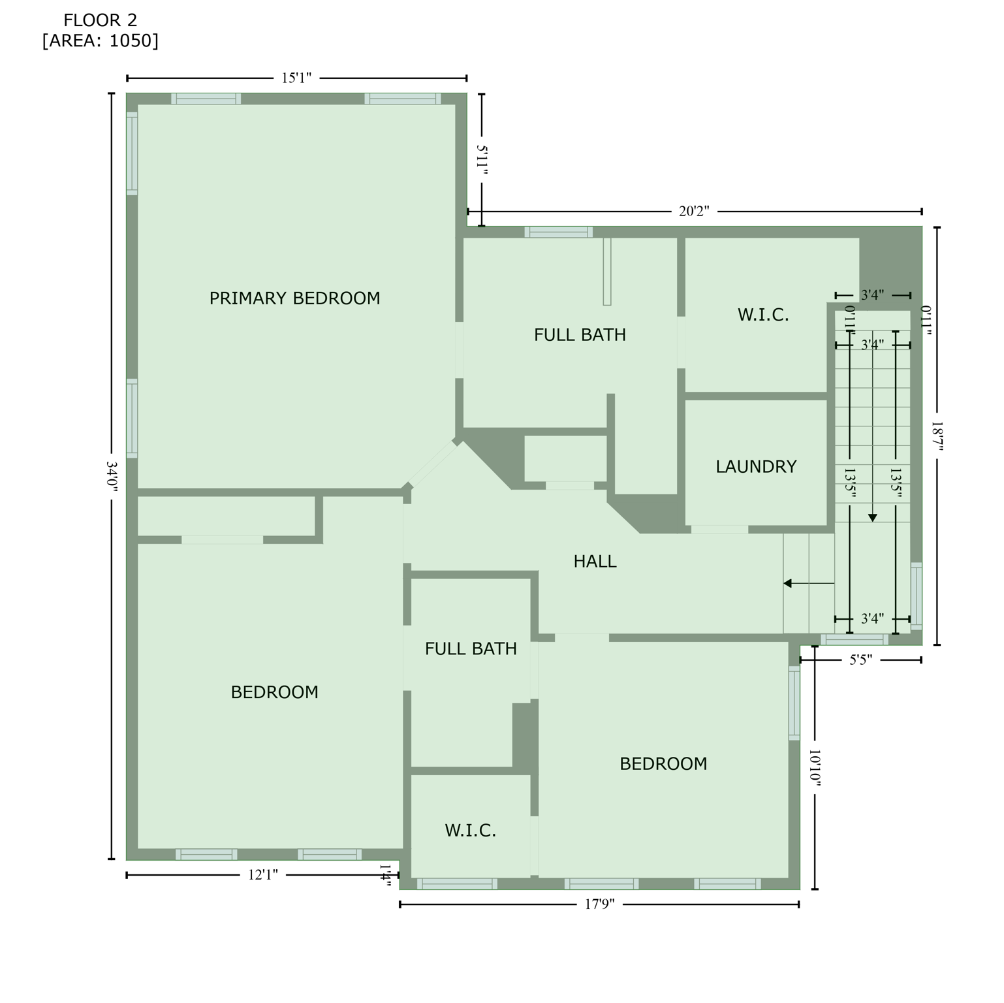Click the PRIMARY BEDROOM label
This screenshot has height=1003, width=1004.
click(x=294, y=298)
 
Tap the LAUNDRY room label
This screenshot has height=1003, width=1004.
click(x=756, y=467)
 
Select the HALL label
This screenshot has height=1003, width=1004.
click(x=595, y=562)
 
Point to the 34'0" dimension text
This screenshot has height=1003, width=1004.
click(x=112, y=477)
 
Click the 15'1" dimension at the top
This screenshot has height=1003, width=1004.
click(x=296, y=78)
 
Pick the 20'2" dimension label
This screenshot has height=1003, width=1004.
click(x=693, y=212)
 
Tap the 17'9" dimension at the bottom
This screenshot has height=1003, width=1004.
click(x=599, y=904)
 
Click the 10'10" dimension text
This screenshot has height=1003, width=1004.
click(x=815, y=768)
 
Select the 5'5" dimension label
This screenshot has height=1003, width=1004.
click(x=860, y=660)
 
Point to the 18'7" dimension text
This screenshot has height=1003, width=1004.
click(x=937, y=436)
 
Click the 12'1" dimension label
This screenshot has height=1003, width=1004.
click(x=263, y=875)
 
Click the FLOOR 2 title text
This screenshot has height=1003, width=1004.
click(x=100, y=21)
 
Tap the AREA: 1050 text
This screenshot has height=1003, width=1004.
click(x=100, y=41)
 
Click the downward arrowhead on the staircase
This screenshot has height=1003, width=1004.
click(x=873, y=517)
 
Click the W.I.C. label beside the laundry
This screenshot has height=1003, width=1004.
click(x=763, y=315)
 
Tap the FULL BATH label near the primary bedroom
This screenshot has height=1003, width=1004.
click(x=580, y=335)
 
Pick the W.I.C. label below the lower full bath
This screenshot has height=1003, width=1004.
click(x=470, y=831)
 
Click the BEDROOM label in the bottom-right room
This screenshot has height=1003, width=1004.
click(x=663, y=764)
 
